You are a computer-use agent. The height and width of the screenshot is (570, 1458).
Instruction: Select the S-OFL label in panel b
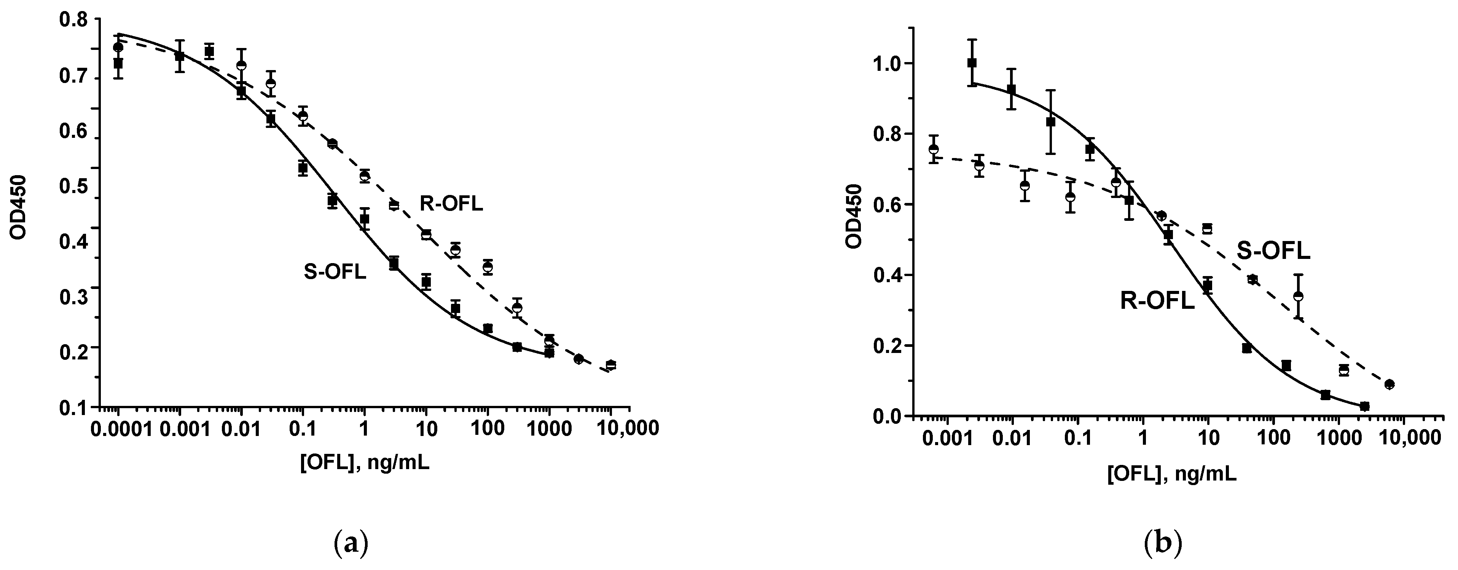tap(1273, 251)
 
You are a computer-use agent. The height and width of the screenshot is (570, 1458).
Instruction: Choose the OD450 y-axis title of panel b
tap(853, 216)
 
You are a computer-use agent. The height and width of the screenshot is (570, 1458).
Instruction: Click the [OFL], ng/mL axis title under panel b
tap(1171, 473)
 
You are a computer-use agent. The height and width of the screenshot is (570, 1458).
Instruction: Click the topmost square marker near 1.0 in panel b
tap(972, 63)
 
